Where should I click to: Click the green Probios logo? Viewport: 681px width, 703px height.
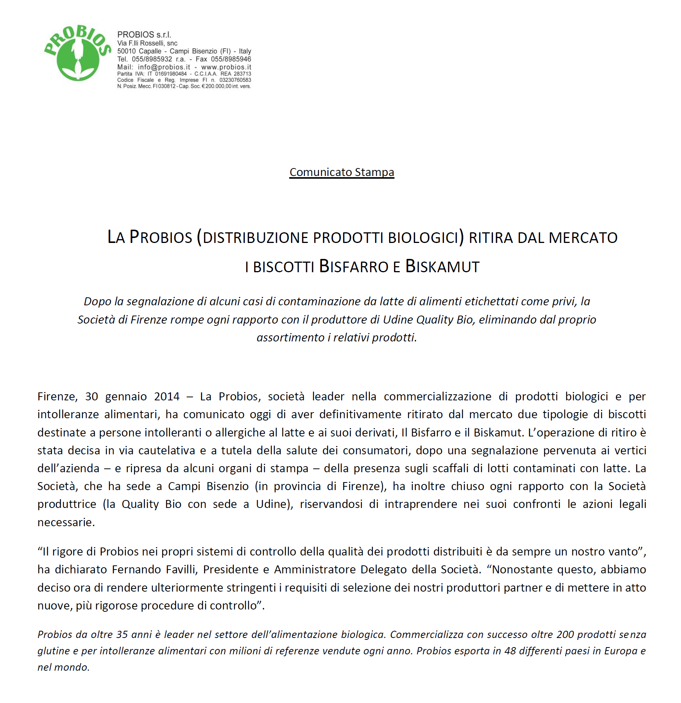[x=78, y=53]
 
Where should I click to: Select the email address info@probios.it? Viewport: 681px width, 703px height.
[x=164, y=67]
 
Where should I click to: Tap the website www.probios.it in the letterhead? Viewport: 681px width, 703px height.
[x=226, y=67]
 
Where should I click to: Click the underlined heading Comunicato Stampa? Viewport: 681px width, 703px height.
[x=342, y=172]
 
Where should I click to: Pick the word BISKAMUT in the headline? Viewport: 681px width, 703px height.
[x=442, y=267]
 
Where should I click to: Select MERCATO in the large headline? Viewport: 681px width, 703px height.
[x=583, y=238]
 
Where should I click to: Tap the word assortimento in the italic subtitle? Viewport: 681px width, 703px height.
[x=290, y=338]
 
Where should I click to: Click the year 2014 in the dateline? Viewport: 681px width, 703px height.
[x=167, y=397]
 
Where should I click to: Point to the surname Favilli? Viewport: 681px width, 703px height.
[x=182, y=569]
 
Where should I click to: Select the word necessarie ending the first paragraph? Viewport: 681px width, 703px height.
[x=66, y=522]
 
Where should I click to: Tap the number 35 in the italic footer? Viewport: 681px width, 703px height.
[x=122, y=635]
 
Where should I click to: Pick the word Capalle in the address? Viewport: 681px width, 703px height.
[x=150, y=51]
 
